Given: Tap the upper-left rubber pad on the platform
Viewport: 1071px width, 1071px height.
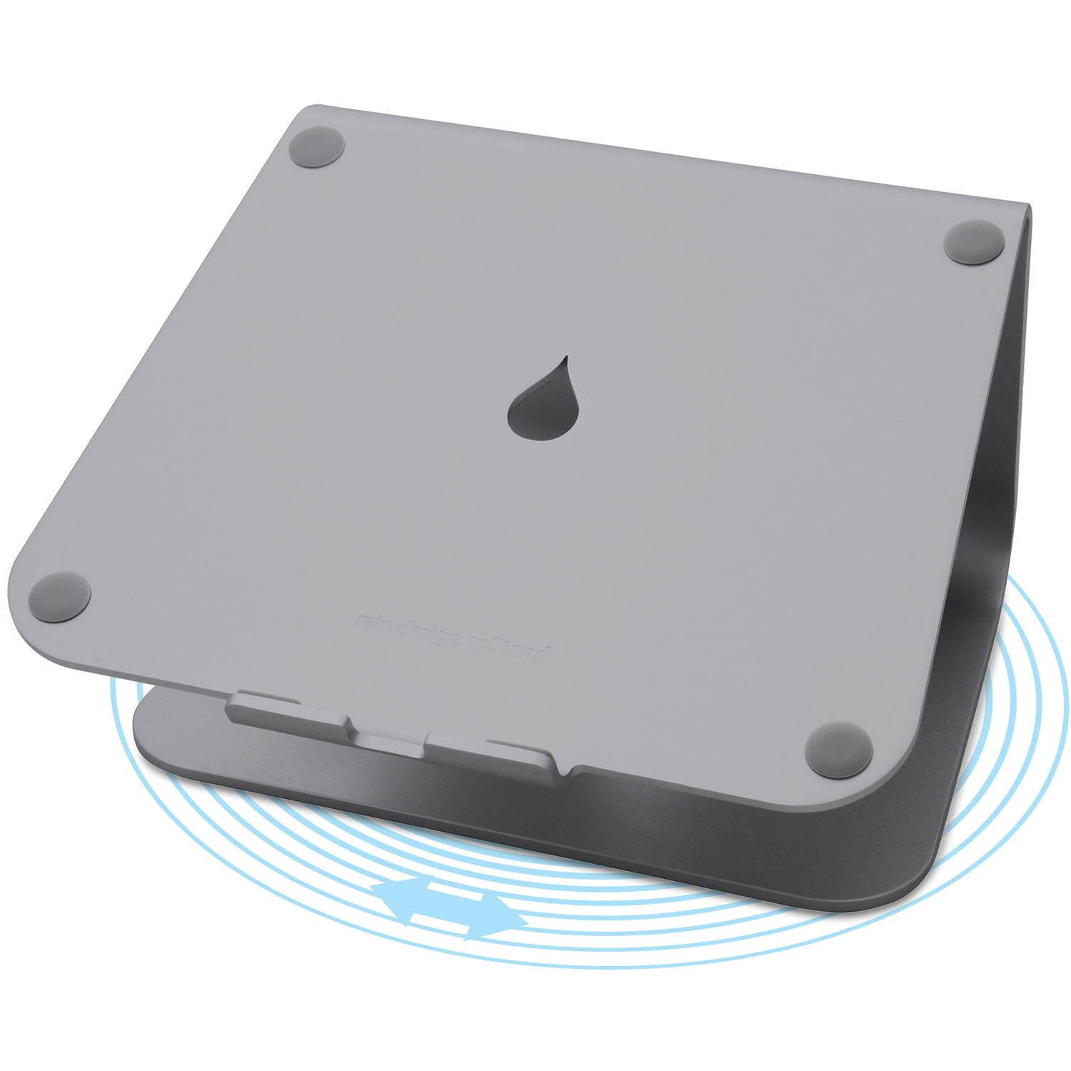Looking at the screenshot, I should tap(318, 148).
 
